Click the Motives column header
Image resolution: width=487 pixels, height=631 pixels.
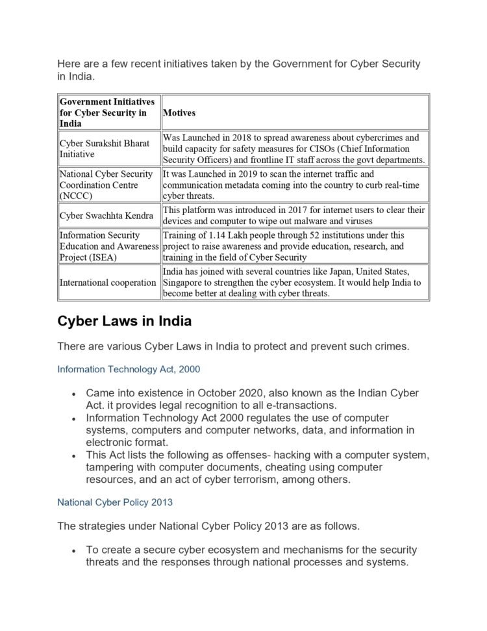[179, 112]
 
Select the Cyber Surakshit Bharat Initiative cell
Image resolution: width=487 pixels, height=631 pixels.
[105, 149]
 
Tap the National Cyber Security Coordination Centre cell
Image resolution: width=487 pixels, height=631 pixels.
[106, 185]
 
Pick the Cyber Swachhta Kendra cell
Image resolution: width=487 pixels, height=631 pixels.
[106, 216]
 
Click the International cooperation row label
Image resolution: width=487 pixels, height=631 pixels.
[108, 283]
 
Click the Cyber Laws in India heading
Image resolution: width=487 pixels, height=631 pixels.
[124, 322]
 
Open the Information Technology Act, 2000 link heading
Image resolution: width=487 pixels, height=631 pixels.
[129, 369]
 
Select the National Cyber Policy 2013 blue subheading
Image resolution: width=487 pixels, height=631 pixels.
[114, 502]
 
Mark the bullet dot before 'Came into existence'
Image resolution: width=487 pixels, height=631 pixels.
[75, 394]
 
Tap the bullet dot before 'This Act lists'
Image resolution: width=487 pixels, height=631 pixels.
[75, 456]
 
